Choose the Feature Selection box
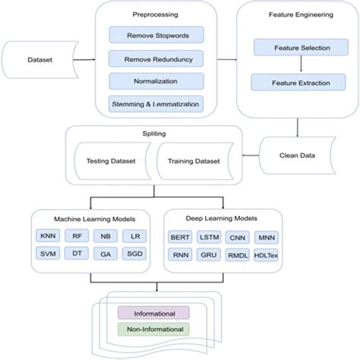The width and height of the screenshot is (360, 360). pyautogui.click(x=297, y=48)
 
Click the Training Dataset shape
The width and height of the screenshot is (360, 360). pyautogui.click(x=193, y=162)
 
